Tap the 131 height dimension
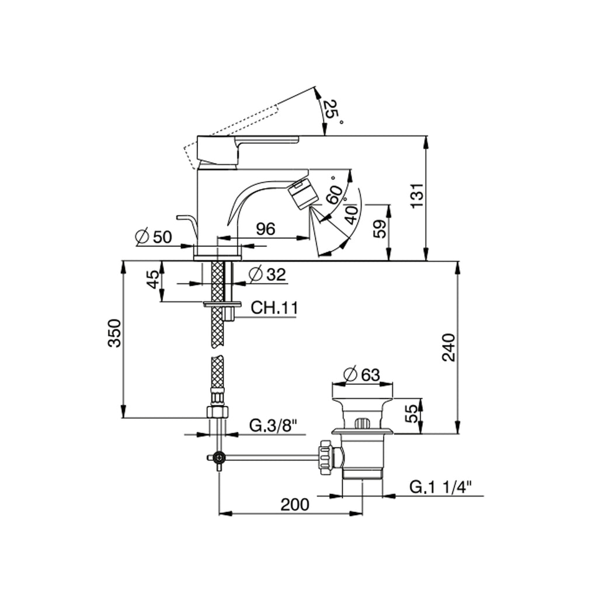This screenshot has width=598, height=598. coord(418,195)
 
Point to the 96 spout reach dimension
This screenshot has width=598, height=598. coord(266,229)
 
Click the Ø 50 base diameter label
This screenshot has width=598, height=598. coord(154,237)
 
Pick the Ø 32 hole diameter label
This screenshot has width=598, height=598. coord(267,274)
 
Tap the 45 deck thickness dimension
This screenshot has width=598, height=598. coord(152,280)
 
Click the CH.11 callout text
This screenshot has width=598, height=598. coord(274,307)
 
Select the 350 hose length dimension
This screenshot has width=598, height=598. coord(115,333)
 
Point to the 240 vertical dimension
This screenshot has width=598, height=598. coord(448,347)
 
